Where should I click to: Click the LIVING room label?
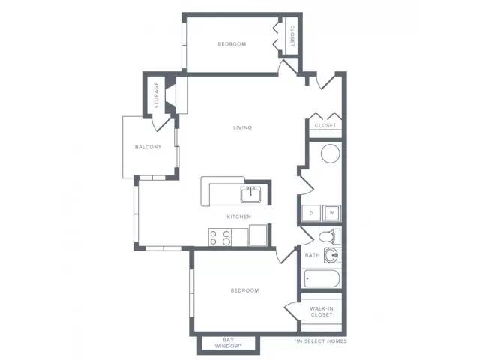[242, 127]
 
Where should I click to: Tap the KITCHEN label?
[240, 217]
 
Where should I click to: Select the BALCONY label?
[148, 147]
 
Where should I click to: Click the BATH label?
[313, 255]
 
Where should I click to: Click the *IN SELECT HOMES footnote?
[320, 341]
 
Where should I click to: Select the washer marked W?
[331, 214]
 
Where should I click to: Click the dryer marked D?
[311, 214]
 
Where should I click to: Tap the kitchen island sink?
[250, 194]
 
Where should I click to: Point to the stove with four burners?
[220, 238]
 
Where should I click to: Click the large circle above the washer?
[331, 154]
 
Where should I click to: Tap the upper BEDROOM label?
[232, 44]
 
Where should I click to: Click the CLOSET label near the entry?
[325, 125]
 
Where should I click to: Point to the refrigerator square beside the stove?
[259, 237]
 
